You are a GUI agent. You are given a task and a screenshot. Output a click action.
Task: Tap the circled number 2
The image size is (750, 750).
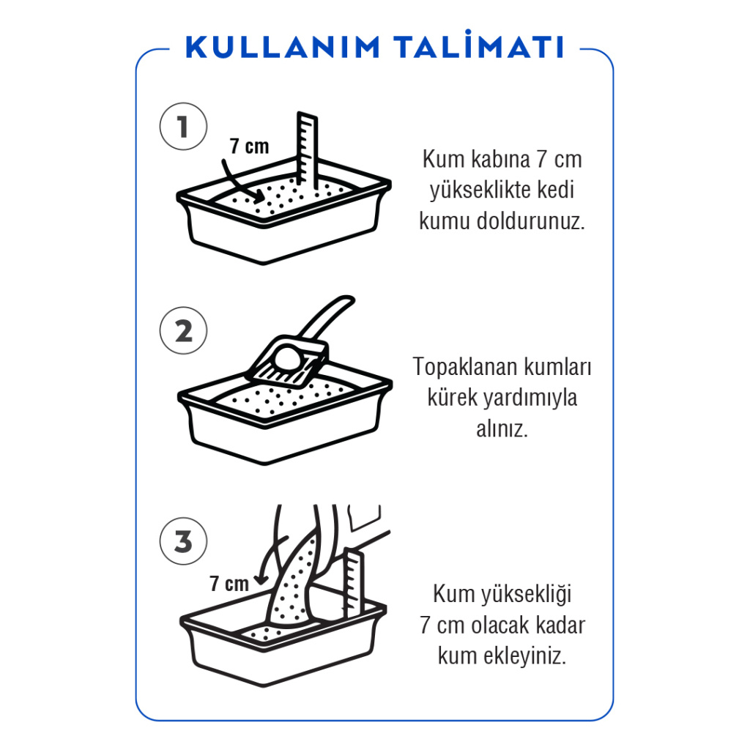coord(183,331)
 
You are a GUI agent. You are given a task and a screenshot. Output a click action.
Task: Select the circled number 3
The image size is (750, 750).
coord(183,542)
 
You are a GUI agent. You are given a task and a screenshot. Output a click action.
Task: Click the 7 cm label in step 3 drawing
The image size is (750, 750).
coord(229,584)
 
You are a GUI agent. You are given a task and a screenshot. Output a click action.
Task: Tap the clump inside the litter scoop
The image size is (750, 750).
coord(287,359)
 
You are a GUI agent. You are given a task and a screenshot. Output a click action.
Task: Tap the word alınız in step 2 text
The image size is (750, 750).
coord(502,430)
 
